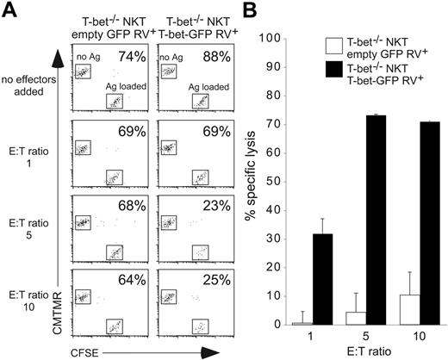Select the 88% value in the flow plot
click(199, 59)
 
